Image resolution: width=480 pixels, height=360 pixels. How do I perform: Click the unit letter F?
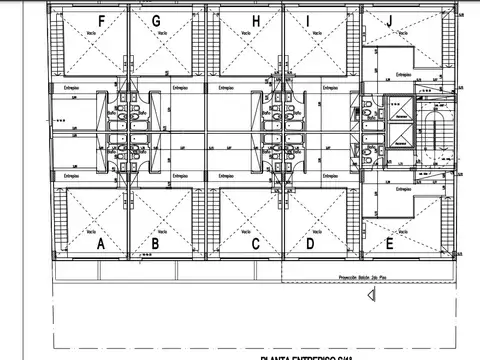(x=100, y=21)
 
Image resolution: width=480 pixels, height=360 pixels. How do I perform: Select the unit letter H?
(x=256, y=21)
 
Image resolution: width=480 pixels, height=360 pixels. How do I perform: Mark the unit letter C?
(x=256, y=243)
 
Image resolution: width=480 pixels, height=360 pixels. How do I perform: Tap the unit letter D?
(x=311, y=243)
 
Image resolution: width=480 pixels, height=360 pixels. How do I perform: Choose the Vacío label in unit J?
(x=402, y=31)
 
